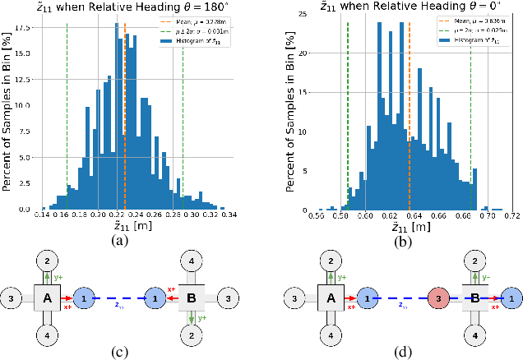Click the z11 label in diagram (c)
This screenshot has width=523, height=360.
pos(120,305)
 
